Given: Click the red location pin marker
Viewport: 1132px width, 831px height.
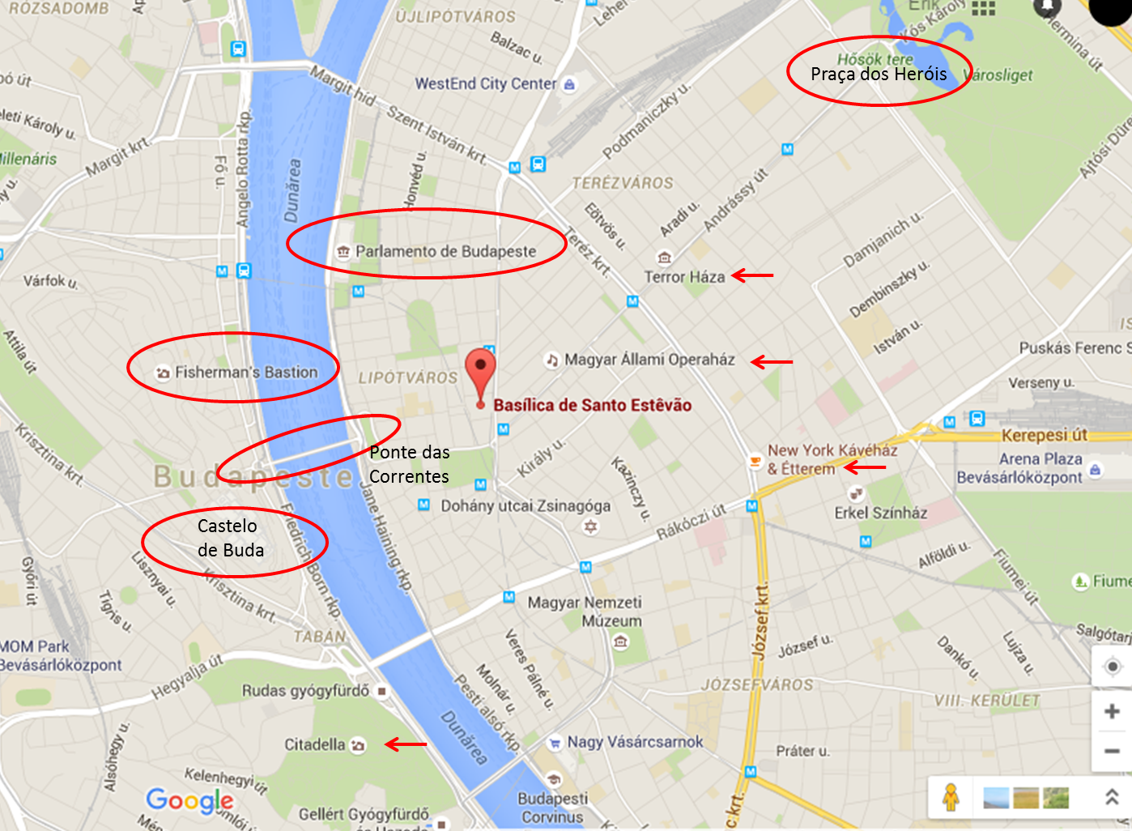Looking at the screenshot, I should pyautogui.click(x=480, y=370).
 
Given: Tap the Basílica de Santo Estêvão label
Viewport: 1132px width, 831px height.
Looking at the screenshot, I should pyautogui.click(x=592, y=405).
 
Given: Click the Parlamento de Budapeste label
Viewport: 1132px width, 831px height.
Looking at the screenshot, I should pyautogui.click(x=445, y=251).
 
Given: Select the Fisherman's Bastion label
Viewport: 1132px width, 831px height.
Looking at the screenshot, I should pyautogui.click(x=246, y=372).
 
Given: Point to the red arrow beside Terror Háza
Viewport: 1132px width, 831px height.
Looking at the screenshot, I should pyautogui.click(x=752, y=275).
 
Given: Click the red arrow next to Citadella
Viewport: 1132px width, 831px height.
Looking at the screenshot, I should pyautogui.click(x=406, y=744).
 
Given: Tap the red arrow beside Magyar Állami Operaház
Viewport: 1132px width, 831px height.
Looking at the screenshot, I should pyautogui.click(x=772, y=361).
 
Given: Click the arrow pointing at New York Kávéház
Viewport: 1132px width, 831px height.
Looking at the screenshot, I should pyautogui.click(x=865, y=467).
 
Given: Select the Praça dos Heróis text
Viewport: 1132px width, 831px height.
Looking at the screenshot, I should pyautogui.click(x=879, y=75).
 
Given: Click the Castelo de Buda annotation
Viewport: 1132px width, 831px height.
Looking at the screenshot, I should pyautogui.click(x=231, y=538).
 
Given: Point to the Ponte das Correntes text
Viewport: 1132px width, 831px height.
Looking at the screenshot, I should pyautogui.click(x=409, y=464).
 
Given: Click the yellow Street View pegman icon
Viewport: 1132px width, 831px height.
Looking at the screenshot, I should pyautogui.click(x=951, y=797).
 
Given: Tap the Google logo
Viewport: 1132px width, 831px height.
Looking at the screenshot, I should pyautogui.click(x=190, y=800).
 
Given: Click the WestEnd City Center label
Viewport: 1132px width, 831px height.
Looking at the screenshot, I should pyautogui.click(x=486, y=83).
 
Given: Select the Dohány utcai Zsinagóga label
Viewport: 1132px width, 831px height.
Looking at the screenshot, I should pyautogui.click(x=526, y=506).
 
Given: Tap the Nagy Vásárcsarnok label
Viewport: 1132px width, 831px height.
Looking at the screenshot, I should pyautogui.click(x=635, y=741).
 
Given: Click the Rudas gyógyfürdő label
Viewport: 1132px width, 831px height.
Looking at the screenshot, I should pyautogui.click(x=305, y=691).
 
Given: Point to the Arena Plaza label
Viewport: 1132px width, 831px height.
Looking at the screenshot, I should pyautogui.click(x=1040, y=459).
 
